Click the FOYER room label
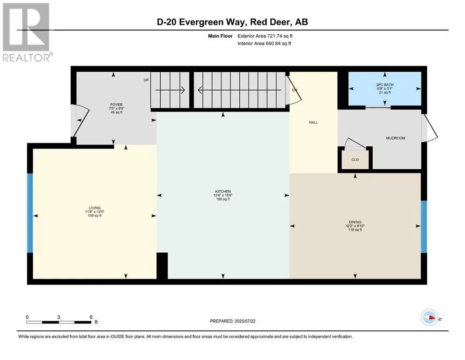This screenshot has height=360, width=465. (x=116, y=105)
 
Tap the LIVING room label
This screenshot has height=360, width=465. (x=95, y=208)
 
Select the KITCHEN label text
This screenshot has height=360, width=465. (x=223, y=191)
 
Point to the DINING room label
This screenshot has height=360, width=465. (x=355, y=222)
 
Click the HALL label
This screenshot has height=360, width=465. (x=313, y=122)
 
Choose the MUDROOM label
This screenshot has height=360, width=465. (x=395, y=138)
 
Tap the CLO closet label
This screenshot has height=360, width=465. (x=355, y=160)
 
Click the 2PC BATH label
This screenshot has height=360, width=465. (x=384, y=84)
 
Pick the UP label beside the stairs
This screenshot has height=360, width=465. (x=146, y=80)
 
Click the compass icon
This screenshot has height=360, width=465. (x=429, y=317)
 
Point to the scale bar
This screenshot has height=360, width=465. (x=59, y=322)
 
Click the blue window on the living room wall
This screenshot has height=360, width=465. (x=30, y=213)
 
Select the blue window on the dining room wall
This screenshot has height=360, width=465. (x=424, y=227)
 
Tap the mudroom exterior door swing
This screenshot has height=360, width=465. (x=430, y=127)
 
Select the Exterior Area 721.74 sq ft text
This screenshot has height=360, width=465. (x=265, y=36)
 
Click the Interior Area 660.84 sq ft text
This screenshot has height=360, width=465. (x=264, y=43)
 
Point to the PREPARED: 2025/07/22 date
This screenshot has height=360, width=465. (x=232, y=321)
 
